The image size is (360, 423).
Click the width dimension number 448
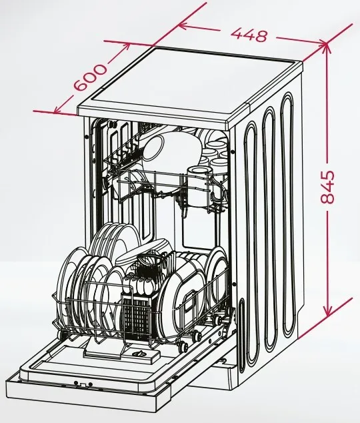pos(249,35)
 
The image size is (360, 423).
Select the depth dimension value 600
pos(90,77)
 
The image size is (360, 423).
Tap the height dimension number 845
pos(327,186)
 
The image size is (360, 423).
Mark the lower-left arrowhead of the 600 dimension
pos(59,109)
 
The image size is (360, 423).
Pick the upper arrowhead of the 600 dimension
pos(125,47)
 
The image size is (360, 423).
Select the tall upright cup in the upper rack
pos(199,186)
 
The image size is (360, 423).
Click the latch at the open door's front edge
pos(83,384)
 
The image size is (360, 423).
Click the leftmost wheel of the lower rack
pos(62,334)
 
